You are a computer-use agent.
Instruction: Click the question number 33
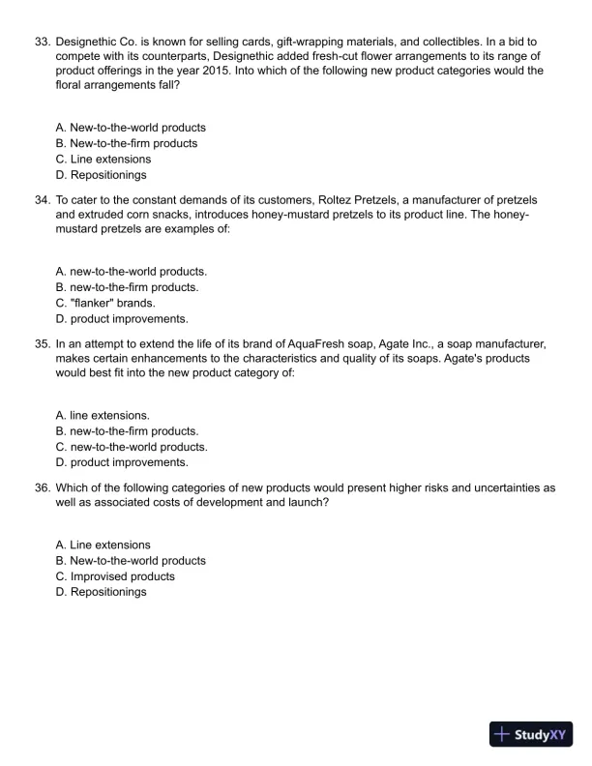[x=42, y=43]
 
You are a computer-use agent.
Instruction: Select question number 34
[x=42, y=199]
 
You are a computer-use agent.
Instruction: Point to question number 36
[x=42, y=488]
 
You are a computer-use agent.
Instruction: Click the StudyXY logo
[x=532, y=734]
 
